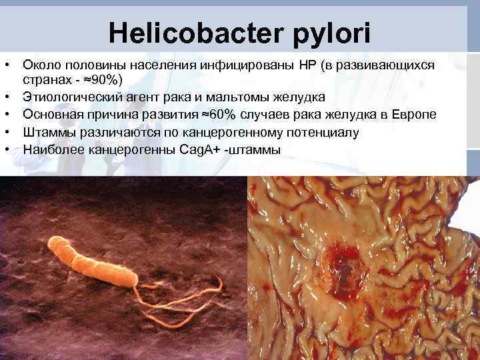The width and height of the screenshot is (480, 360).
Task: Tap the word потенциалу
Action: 322,132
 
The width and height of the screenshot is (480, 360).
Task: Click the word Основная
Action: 54,115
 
